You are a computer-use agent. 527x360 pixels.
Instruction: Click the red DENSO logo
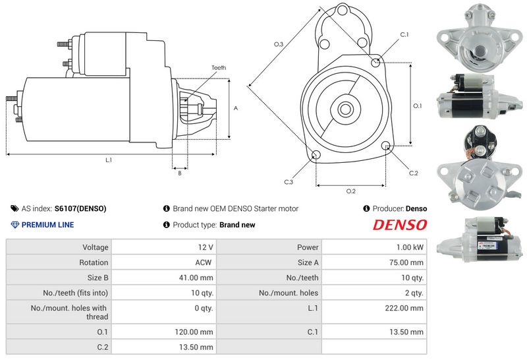pos(400,225)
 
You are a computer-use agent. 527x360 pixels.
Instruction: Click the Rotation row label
pos(94,262)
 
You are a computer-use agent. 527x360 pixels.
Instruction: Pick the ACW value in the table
pos(204,262)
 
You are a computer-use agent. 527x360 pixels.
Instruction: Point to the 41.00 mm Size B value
pos(196,277)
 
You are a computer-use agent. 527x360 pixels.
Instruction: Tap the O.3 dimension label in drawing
pos(279,44)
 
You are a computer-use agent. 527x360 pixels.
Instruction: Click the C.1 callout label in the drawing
pos(404,34)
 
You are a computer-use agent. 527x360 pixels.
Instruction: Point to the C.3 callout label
pos(289,181)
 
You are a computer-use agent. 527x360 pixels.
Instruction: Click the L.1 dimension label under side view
pos(108,160)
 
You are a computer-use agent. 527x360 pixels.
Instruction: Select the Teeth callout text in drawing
pos(219,68)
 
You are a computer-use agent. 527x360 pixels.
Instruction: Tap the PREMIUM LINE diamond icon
pos(15,225)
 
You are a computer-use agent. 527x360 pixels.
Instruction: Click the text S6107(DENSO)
pos(80,208)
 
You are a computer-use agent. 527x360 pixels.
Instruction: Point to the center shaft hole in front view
pos(345,108)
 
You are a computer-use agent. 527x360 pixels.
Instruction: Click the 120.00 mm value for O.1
pos(196,332)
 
